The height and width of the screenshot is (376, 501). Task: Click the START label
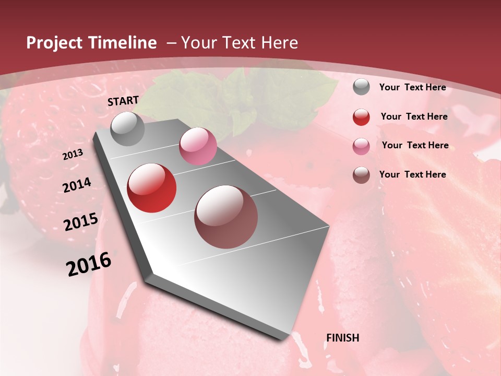click(x=123, y=101)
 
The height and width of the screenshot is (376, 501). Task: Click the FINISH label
click(x=343, y=338)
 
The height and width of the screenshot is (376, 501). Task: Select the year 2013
click(x=73, y=155)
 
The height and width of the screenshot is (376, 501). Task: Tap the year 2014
click(x=77, y=185)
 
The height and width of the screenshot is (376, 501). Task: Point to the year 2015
click(x=81, y=222)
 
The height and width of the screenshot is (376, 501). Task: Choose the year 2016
click(x=89, y=264)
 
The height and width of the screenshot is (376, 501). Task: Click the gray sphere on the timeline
click(x=128, y=128)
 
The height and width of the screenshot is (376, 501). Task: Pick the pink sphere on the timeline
click(x=198, y=146)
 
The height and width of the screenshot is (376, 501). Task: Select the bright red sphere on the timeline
click(x=152, y=188)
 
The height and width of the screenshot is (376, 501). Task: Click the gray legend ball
click(x=361, y=87)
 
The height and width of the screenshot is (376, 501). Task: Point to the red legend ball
click(x=361, y=117)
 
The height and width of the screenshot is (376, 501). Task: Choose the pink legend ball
click(x=361, y=146)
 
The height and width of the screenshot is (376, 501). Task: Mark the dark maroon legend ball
click(x=361, y=175)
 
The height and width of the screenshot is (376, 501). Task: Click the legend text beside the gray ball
click(x=412, y=87)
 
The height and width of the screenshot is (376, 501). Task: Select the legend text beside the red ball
click(x=414, y=116)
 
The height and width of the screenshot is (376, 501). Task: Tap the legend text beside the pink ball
click(x=415, y=145)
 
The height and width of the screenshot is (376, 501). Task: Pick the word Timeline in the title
click(x=123, y=43)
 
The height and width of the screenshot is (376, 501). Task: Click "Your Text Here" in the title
click(x=240, y=43)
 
